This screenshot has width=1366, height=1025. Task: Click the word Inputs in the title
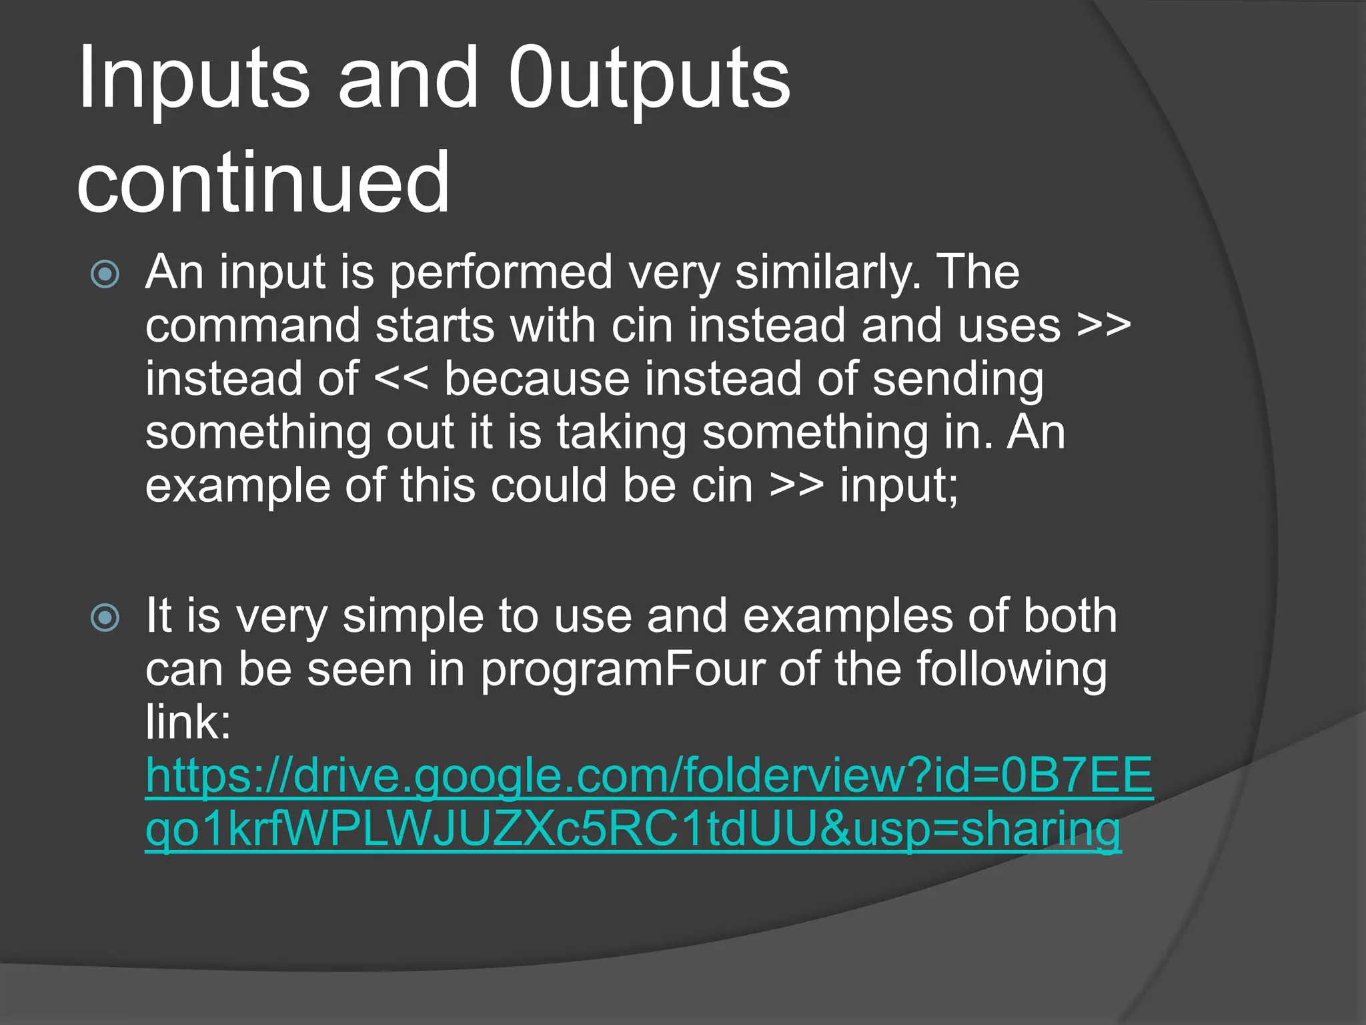tap(193, 79)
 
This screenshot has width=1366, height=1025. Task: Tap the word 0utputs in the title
tap(648, 79)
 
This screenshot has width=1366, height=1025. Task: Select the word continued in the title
tap(263, 182)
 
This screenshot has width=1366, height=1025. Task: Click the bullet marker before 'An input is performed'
tap(105, 274)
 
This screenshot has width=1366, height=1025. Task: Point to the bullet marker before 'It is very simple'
tap(105, 618)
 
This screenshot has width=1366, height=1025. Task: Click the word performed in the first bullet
tap(501, 272)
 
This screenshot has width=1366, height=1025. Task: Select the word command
tap(253, 326)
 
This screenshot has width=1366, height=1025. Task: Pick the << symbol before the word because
tap(401, 379)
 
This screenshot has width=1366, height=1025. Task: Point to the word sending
tap(958, 379)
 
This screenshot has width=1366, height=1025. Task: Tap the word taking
tap(622, 432)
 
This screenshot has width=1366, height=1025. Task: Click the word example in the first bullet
tap(237, 486)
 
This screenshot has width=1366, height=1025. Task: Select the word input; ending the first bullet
tap(898, 486)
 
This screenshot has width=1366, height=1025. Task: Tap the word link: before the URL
tap(188, 722)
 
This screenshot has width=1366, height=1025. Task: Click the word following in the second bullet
tap(1011, 669)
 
